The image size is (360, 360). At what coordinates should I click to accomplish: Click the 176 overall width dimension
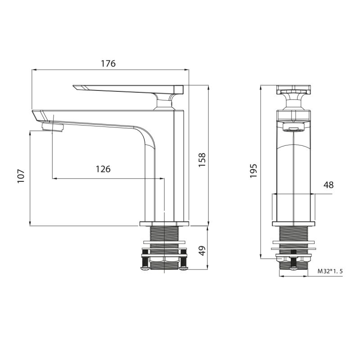[108, 63]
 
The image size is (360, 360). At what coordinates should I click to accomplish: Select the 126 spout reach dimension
[103, 169]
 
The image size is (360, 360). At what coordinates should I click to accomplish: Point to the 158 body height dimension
[202, 160]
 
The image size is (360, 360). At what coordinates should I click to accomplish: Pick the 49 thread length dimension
[202, 250]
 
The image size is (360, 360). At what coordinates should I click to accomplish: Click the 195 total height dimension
[253, 171]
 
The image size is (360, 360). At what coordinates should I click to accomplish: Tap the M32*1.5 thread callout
[330, 271]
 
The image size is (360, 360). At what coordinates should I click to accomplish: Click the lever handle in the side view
[126, 89]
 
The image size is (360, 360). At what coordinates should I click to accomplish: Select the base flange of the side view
[164, 224]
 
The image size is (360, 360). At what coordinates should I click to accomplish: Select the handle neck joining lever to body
[164, 102]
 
